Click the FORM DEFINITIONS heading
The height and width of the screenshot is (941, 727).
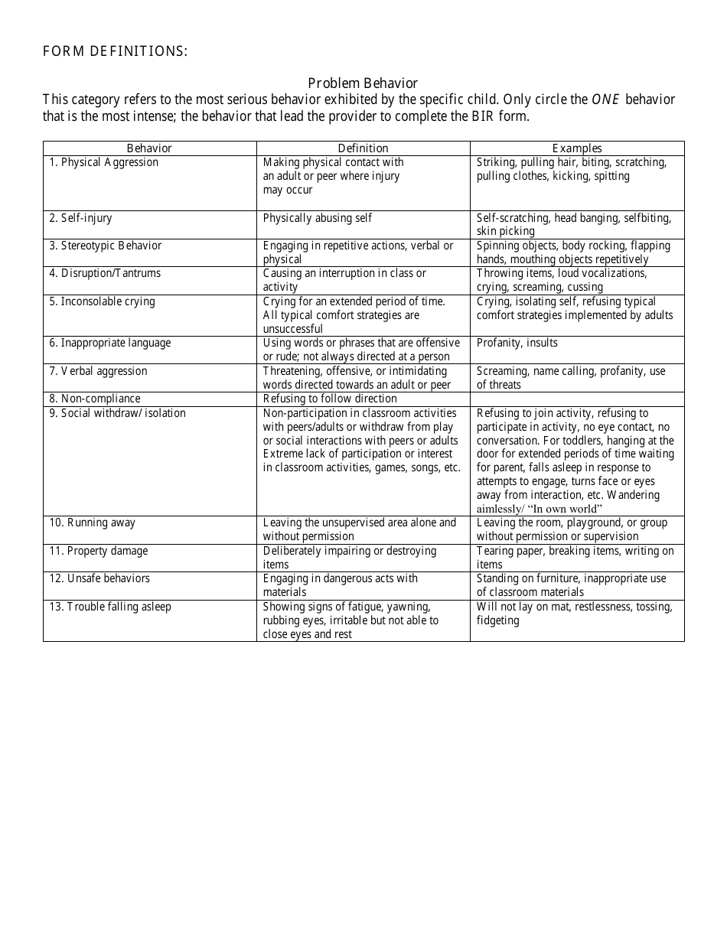(x=115, y=52)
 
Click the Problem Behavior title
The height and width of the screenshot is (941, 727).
(x=363, y=83)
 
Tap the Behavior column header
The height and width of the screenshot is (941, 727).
(x=149, y=148)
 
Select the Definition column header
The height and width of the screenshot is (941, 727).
(x=363, y=148)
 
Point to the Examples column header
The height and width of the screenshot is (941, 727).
(x=577, y=148)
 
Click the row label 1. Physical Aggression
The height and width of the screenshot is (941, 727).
(x=104, y=162)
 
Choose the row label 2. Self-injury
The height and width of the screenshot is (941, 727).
(x=81, y=218)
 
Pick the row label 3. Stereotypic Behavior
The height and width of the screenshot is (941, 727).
(x=106, y=246)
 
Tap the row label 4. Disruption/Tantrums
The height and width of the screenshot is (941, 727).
(x=106, y=273)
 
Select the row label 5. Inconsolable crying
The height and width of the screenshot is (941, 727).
(x=103, y=301)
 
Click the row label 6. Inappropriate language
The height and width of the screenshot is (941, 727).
(x=110, y=343)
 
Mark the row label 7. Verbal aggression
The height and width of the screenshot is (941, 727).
(x=99, y=371)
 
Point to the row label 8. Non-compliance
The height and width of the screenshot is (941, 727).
(x=96, y=399)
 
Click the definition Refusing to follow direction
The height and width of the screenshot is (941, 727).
(x=330, y=399)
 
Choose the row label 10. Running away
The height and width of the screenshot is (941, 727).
(x=93, y=523)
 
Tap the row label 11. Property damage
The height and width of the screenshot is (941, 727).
(x=99, y=551)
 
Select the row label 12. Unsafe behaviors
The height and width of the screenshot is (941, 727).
(x=100, y=578)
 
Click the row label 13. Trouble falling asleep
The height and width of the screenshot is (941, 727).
(x=111, y=607)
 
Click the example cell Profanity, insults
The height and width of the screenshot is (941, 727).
(x=517, y=343)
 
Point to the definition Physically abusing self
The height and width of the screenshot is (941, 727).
(x=318, y=218)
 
